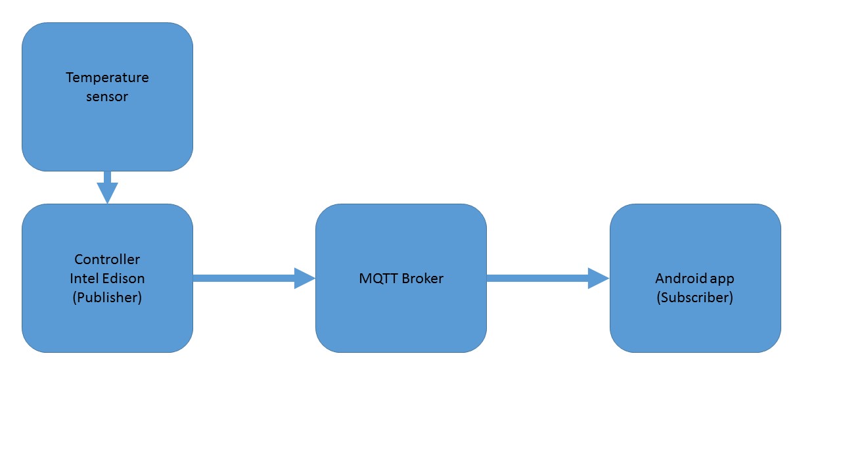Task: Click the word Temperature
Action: [107, 78]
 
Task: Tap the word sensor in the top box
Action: [107, 97]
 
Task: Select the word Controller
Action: [107, 259]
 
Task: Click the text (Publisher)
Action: [107, 298]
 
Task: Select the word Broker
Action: [422, 279]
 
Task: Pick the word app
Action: [721, 280]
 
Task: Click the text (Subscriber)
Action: [695, 298]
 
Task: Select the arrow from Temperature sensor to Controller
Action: [107, 188]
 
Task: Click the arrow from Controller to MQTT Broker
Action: [254, 278]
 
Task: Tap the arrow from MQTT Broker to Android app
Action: [548, 278]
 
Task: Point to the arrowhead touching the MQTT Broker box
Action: [304, 278]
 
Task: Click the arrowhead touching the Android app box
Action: [598, 278]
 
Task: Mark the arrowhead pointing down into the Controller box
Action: [107, 192]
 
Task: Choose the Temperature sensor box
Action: [107, 97]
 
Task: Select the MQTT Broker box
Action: [401, 278]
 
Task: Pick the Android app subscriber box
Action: [695, 278]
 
